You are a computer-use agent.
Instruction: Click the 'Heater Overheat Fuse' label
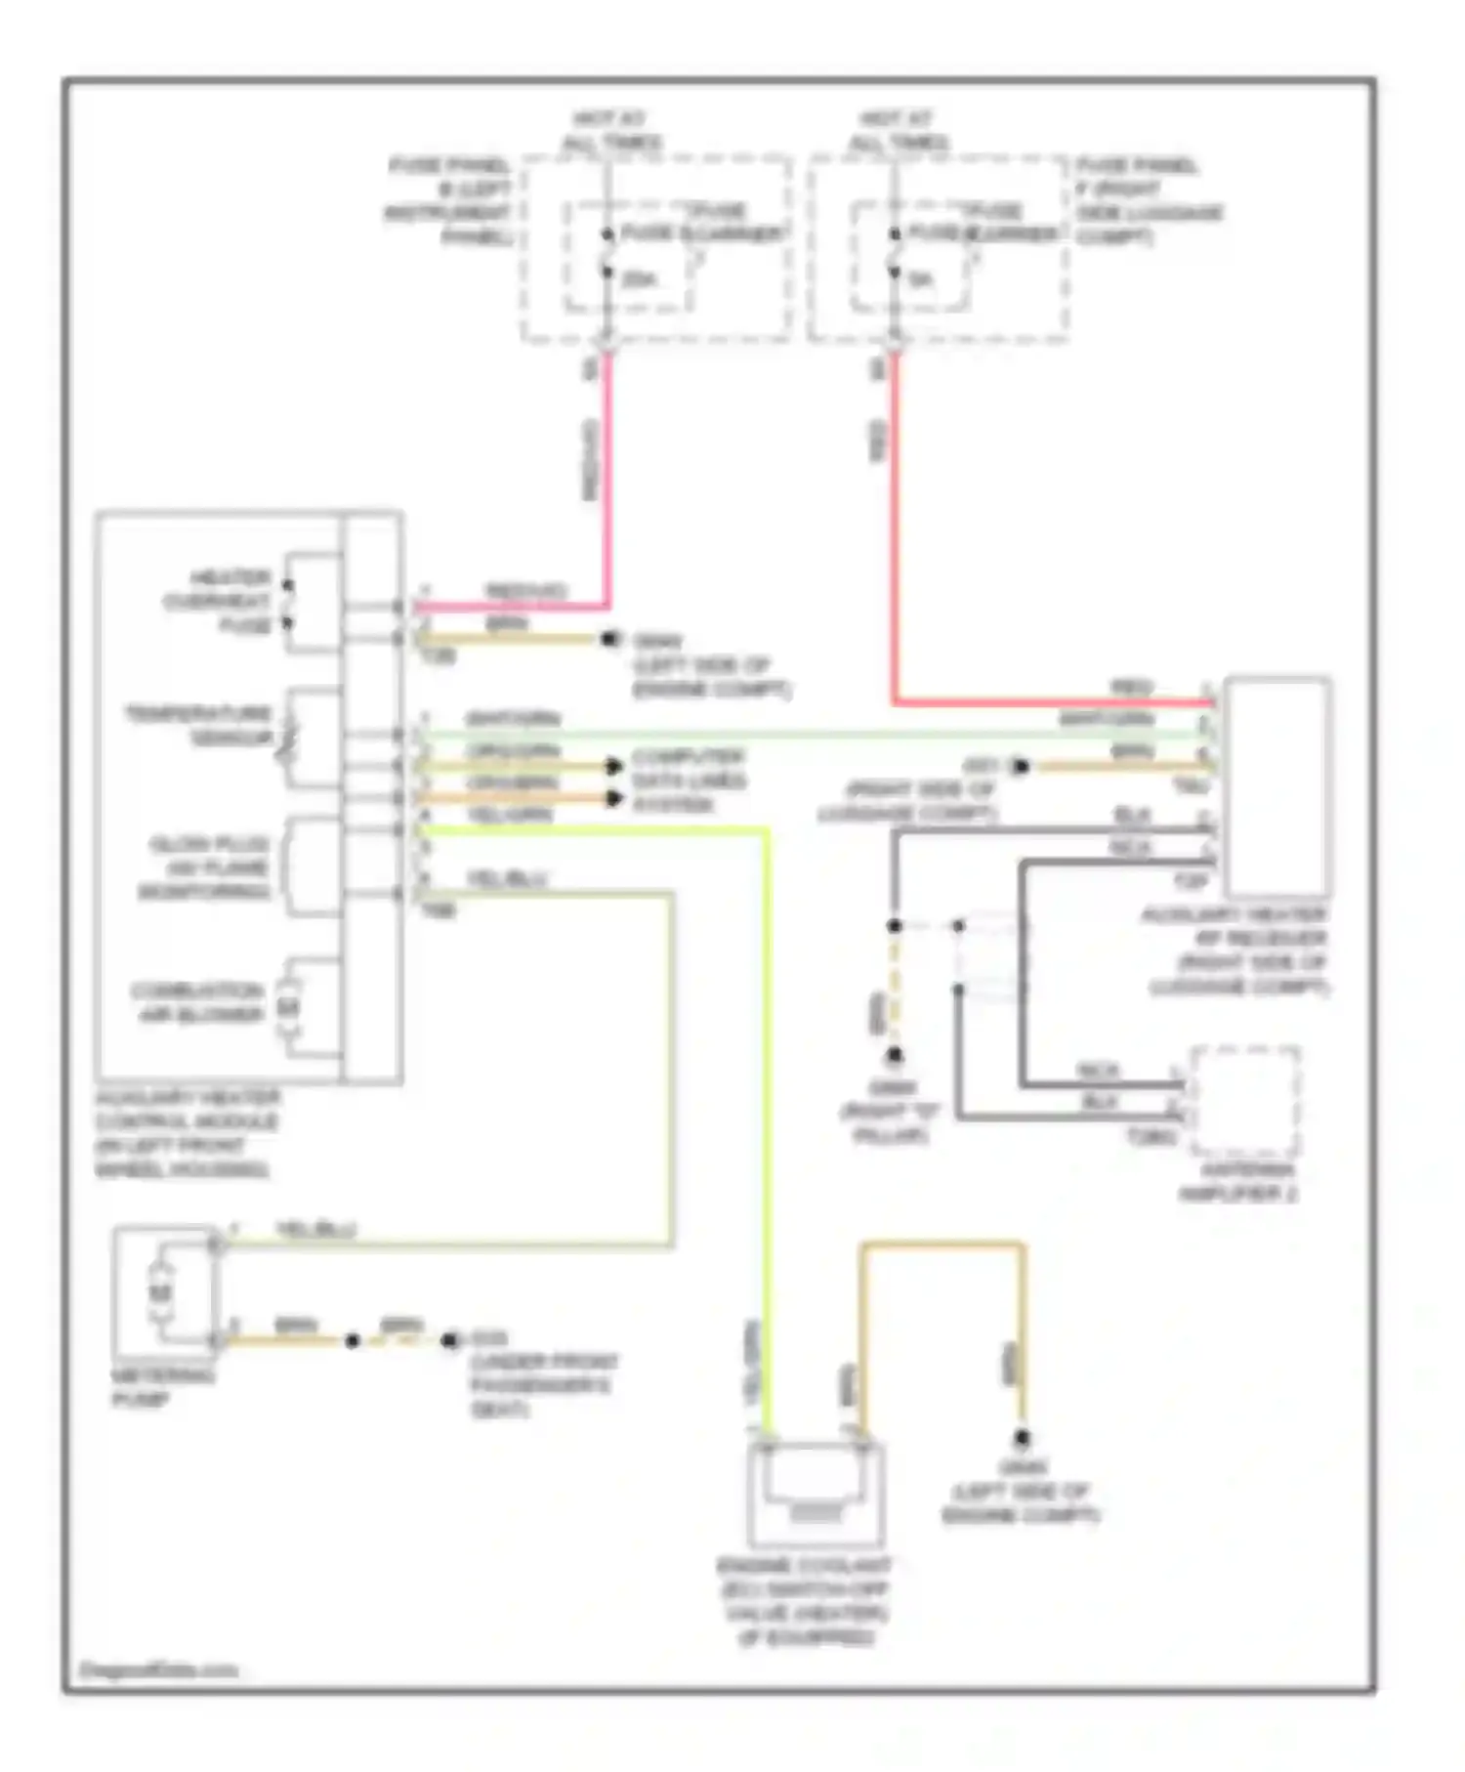(217, 601)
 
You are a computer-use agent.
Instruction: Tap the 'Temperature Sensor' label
(199, 725)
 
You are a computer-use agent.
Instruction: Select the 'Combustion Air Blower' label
(199, 1002)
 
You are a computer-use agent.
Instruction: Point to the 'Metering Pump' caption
(161, 1387)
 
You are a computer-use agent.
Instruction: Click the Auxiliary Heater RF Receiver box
(1277, 786)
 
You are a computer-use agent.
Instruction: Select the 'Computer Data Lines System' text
(688, 781)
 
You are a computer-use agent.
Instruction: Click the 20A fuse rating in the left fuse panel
(639, 279)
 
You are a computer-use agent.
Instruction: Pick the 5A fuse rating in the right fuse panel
(920, 279)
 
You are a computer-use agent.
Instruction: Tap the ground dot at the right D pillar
(894, 1055)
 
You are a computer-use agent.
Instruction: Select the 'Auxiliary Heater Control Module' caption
(186, 1133)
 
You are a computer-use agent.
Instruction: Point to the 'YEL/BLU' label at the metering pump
(316, 1229)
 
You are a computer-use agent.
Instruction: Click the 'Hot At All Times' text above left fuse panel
(609, 131)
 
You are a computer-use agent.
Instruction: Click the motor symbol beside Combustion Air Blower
(288, 1005)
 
